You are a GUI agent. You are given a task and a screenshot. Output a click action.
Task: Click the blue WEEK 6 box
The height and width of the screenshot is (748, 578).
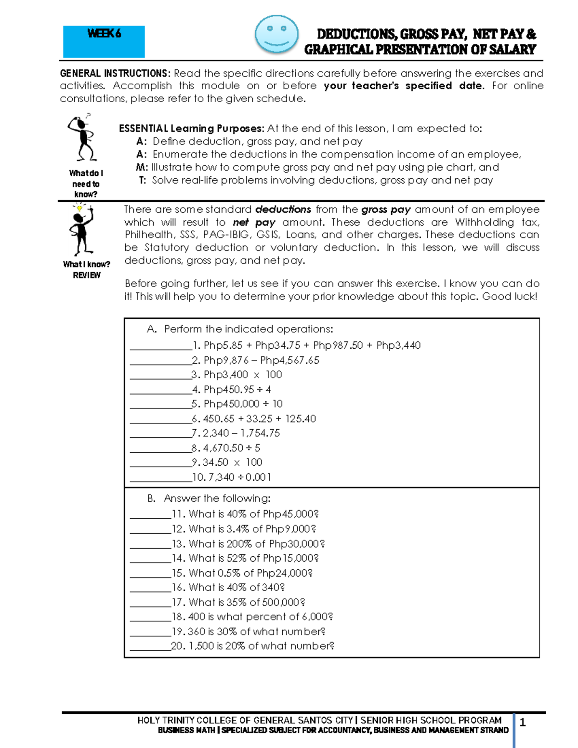point(104,42)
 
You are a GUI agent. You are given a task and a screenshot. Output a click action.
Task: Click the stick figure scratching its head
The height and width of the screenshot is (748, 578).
point(83,139)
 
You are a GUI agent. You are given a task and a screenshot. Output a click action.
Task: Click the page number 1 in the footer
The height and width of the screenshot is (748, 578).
point(523,722)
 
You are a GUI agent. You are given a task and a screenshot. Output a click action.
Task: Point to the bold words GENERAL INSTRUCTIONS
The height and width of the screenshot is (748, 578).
point(115,73)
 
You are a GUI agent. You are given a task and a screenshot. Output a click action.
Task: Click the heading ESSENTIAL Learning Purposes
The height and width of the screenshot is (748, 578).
point(191,129)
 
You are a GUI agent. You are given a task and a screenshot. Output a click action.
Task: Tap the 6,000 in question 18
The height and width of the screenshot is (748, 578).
point(317,617)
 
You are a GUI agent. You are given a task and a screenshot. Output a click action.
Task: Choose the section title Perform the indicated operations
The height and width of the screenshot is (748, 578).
point(248,329)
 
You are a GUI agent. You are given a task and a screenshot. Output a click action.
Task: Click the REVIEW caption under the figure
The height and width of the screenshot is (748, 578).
point(87,276)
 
